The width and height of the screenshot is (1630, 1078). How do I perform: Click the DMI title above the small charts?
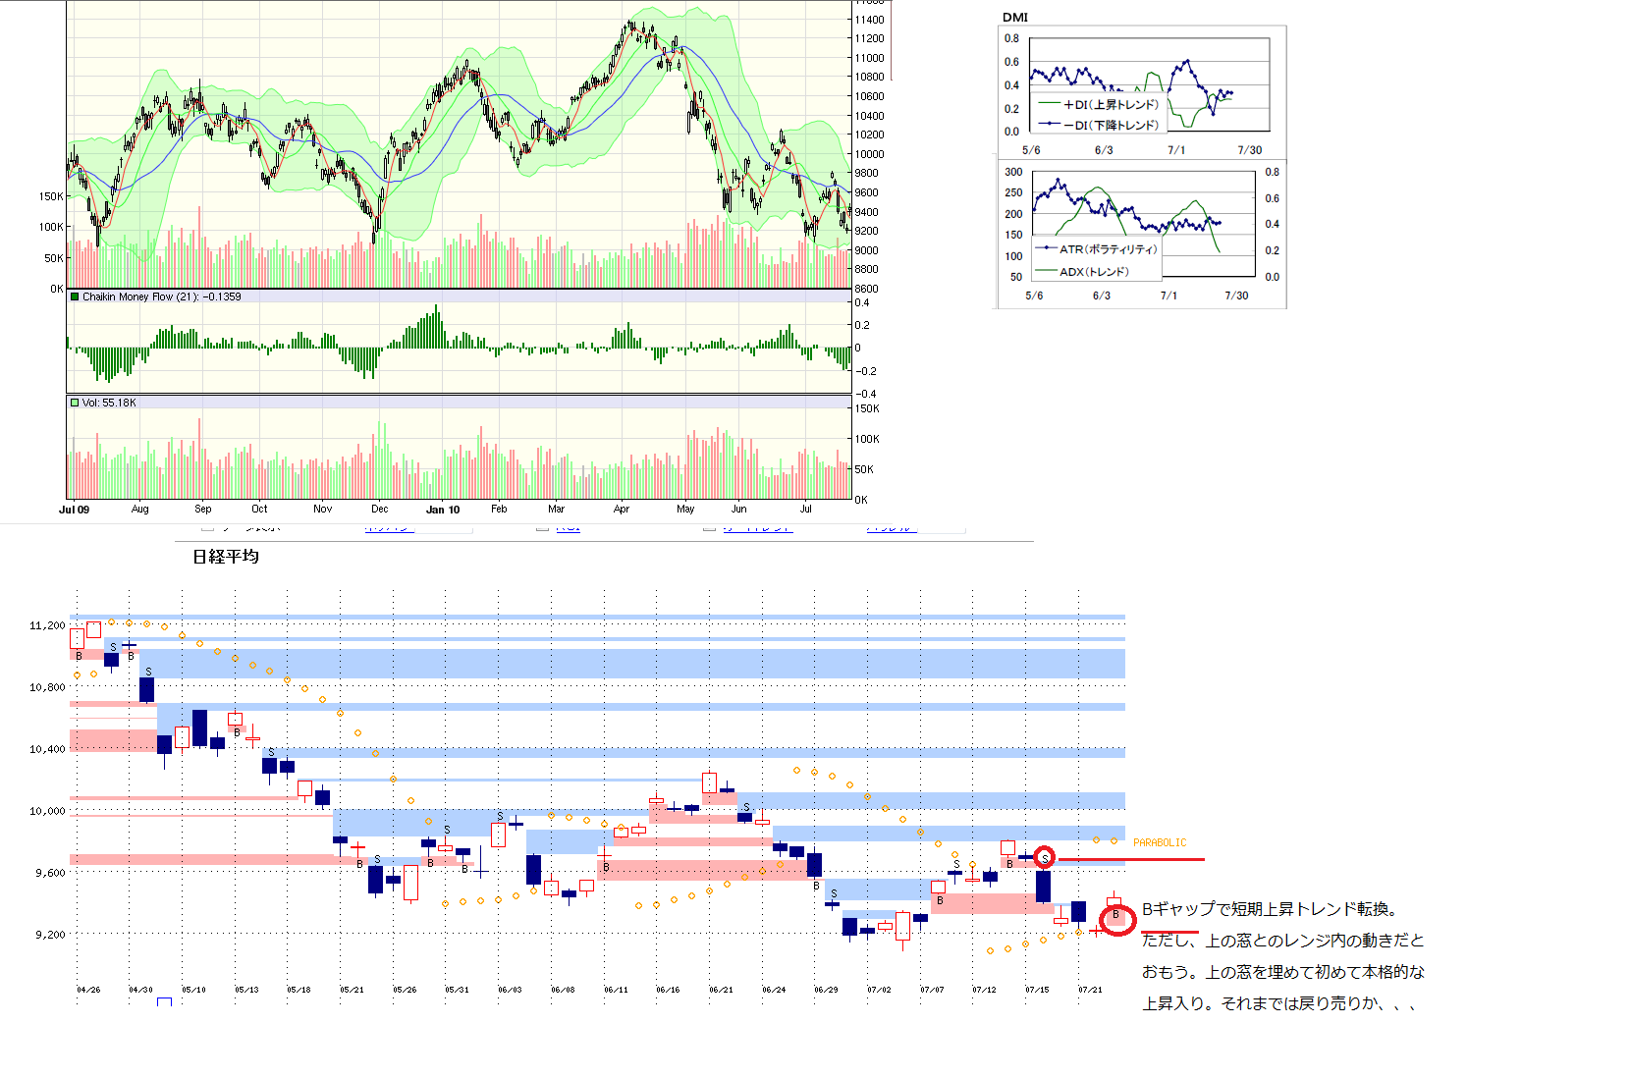[1014, 17]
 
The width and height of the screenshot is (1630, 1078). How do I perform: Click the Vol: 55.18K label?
[109, 403]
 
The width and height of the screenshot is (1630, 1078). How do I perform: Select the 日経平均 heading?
[226, 557]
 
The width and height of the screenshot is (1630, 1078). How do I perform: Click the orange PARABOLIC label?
[1160, 842]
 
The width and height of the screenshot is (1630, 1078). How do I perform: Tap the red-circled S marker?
[1045, 857]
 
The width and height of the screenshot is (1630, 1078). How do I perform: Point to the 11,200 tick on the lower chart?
[47, 625]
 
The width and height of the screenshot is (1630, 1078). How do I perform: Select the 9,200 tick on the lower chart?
[50, 935]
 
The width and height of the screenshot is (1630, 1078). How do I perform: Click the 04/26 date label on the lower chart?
[88, 990]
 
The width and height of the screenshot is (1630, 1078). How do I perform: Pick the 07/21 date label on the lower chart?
[1090, 990]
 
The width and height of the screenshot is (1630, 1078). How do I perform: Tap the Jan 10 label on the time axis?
[443, 510]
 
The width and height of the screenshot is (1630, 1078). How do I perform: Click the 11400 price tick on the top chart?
[869, 20]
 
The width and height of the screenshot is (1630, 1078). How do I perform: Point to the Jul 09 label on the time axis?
[74, 510]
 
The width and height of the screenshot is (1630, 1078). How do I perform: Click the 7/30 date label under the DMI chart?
[1249, 150]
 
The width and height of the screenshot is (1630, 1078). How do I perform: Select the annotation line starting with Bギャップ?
[1270, 909]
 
